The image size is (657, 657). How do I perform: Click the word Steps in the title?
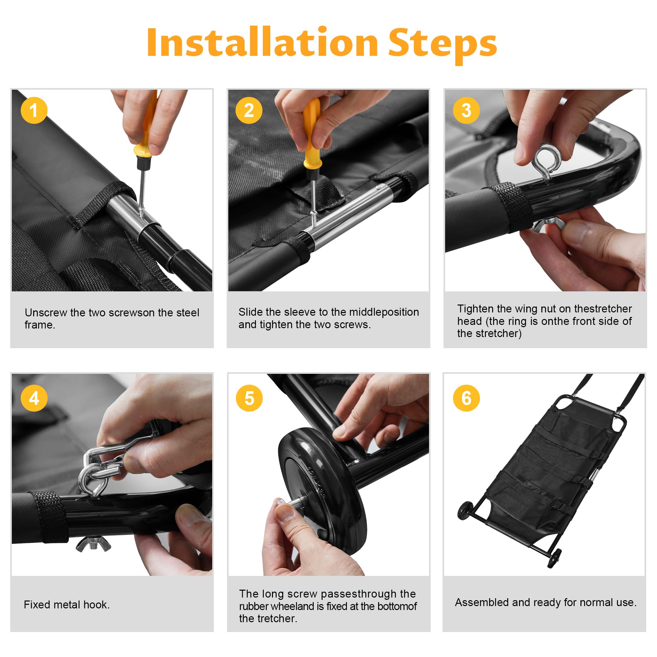pyautogui.click(x=442, y=45)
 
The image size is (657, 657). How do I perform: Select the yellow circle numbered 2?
pyautogui.click(x=249, y=110)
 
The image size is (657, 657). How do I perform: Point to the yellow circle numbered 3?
pyautogui.click(x=466, y=110)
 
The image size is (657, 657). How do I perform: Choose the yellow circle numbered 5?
pyautogui.click(x=249, y=398)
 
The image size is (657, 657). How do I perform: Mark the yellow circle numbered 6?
pyautogui.click(x=466, y=398)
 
